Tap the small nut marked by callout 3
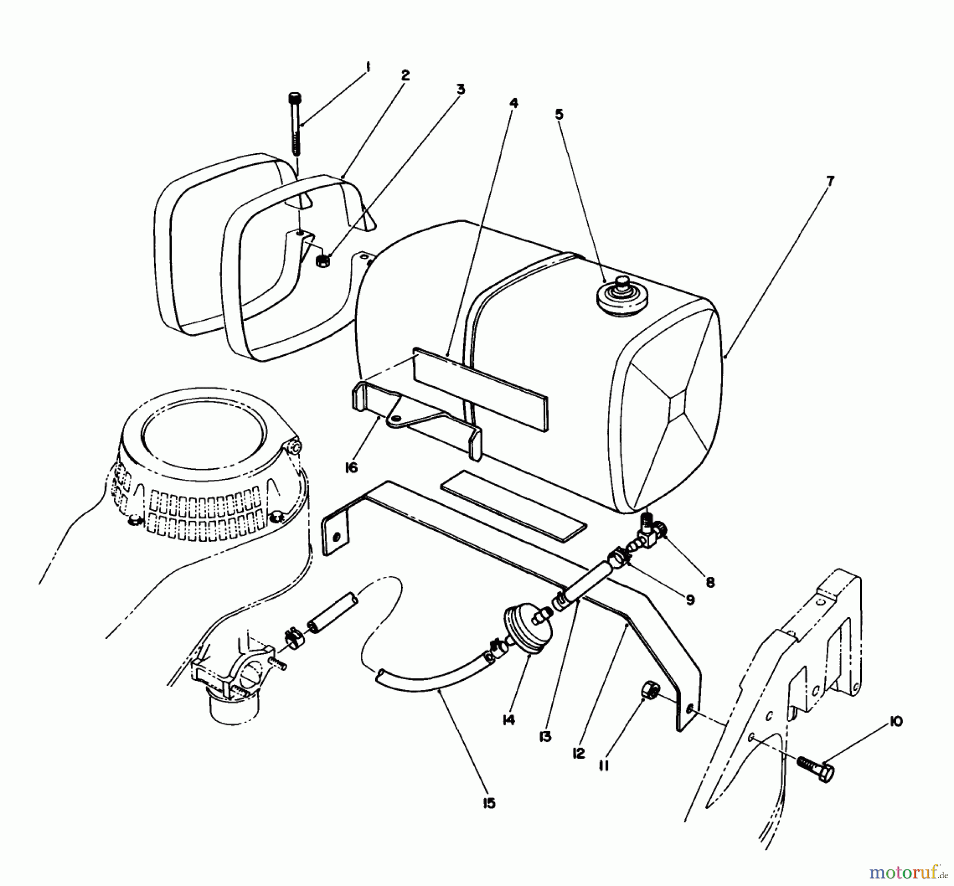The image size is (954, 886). click(x=322, y=260)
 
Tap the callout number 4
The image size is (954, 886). click(x=513, y=102)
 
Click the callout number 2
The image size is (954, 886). click(x=405, y=75)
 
